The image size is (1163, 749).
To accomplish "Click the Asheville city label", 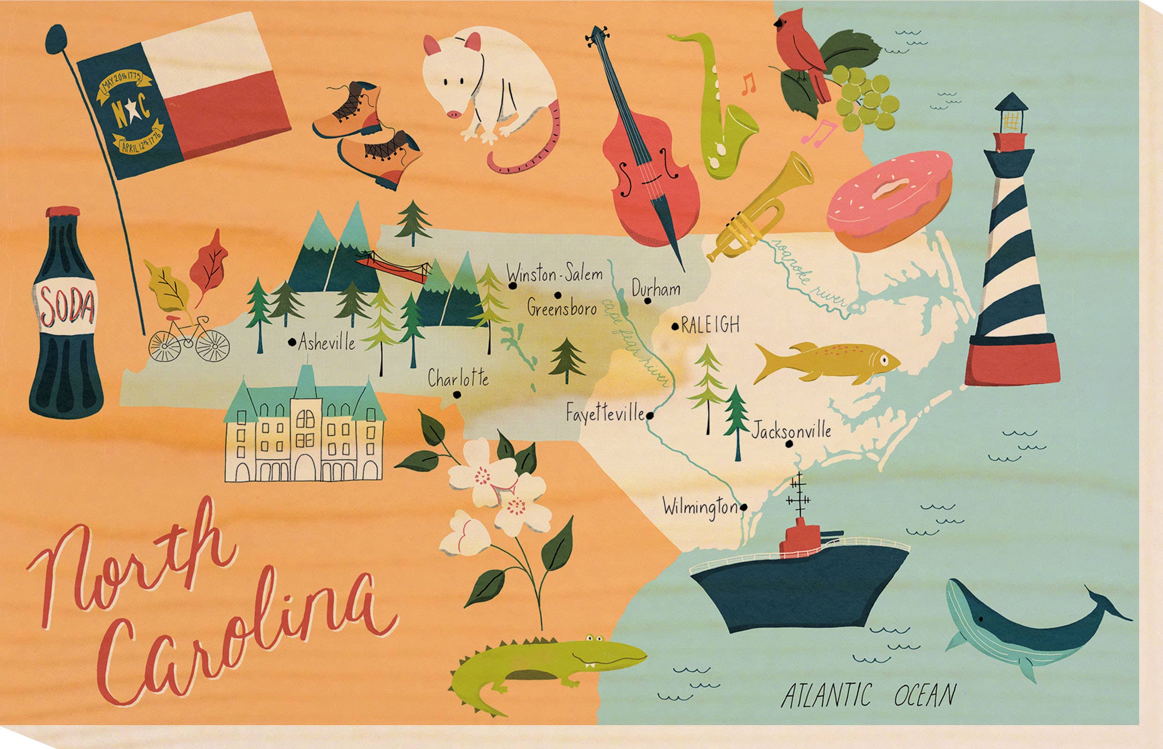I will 326,342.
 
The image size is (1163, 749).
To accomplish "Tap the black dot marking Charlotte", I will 456,394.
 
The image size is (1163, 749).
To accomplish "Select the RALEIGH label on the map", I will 710,324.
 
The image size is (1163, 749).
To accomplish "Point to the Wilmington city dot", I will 743,508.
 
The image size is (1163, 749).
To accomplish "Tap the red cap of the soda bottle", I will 63,212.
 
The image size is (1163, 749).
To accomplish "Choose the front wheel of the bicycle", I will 212,345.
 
